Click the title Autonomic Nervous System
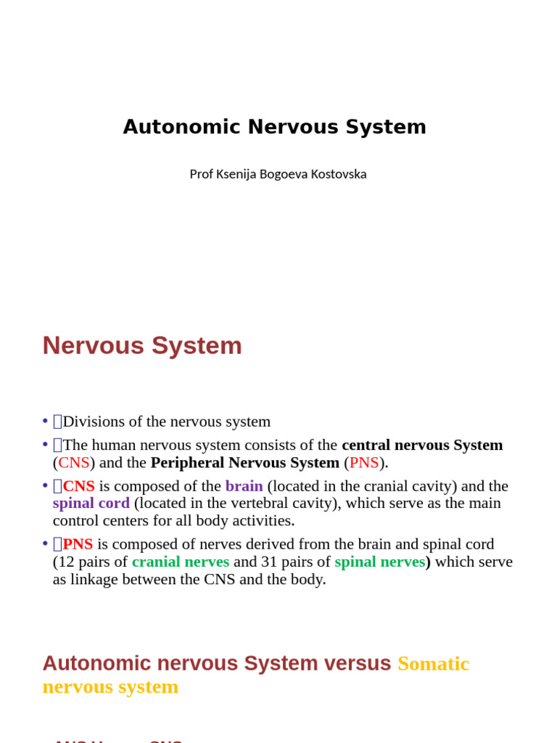coord(274,127)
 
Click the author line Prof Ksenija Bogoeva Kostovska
coord(278,174)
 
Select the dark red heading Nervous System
coord(142,345)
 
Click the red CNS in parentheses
coord(74,463)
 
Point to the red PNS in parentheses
coord(364,463)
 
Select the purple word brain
coord(244,486)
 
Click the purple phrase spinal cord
coord(91,504)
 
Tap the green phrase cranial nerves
coord(181,562)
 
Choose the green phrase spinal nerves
coord(379,562)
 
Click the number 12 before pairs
coord(66,562)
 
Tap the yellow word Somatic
coord(433,664)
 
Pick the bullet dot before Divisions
coord(45,422)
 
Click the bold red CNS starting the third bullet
coord(78,486)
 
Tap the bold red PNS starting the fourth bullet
coord(78,544)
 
